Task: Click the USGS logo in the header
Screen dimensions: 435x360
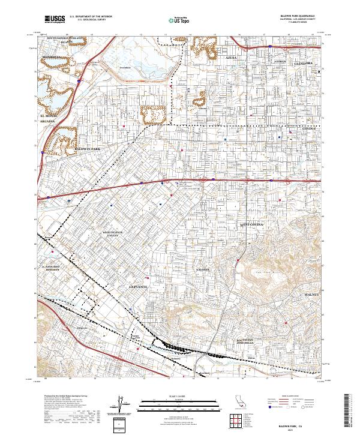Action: pos(54,19)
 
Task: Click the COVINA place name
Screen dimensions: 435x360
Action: pos(308,128)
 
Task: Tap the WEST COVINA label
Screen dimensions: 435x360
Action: pos(253,224)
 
